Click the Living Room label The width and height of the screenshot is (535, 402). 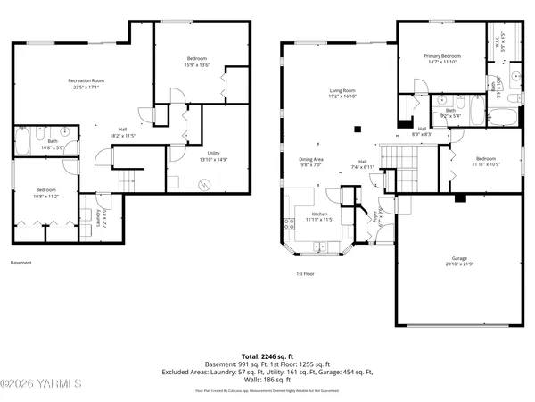click(337, 94)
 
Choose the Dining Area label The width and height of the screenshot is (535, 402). click(310, 161)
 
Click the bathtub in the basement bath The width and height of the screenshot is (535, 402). click(22, 142)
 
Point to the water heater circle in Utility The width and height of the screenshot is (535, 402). click(205, 185)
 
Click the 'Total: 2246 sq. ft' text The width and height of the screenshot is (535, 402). click(267, 356)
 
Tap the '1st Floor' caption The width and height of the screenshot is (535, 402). click(305, 274)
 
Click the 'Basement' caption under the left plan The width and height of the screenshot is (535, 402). click(21, 263)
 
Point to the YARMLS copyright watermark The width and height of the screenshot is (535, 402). click(41, 385)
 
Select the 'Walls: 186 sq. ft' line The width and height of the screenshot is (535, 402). click(267, 380)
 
